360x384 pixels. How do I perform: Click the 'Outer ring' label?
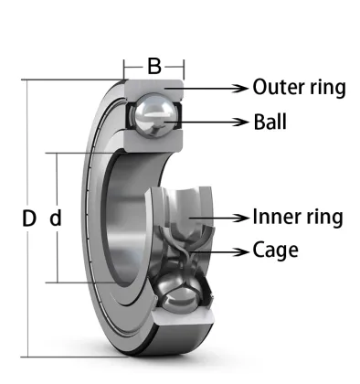(298, 88)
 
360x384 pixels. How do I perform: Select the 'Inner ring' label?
(298, 217)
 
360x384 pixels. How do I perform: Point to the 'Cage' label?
(275, 250)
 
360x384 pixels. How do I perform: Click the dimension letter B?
(154, 66)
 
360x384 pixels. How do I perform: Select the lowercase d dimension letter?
(56, 219)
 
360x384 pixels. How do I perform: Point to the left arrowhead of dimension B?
(128, 67)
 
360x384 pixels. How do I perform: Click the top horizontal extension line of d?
(78, 153)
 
